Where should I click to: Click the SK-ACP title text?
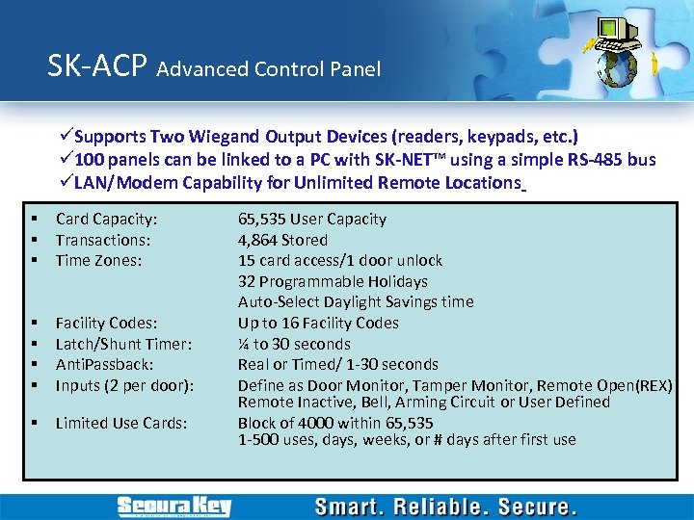[96, 66]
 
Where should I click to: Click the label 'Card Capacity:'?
[106, 219]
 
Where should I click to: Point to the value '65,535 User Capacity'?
[312, 219]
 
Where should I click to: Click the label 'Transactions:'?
[101, 240]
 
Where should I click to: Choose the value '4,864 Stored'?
[282, 240]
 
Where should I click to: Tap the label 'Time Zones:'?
[99, 260]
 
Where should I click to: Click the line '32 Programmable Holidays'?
[333, 281]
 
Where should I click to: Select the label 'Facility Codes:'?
[106, 323]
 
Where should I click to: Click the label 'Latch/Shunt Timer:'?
[123, 344]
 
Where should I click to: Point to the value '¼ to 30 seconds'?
[294, 344]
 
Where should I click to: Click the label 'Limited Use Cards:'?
[120, 423]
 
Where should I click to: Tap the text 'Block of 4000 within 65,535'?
[335, 423]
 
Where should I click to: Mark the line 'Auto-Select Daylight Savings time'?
[356, 301]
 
